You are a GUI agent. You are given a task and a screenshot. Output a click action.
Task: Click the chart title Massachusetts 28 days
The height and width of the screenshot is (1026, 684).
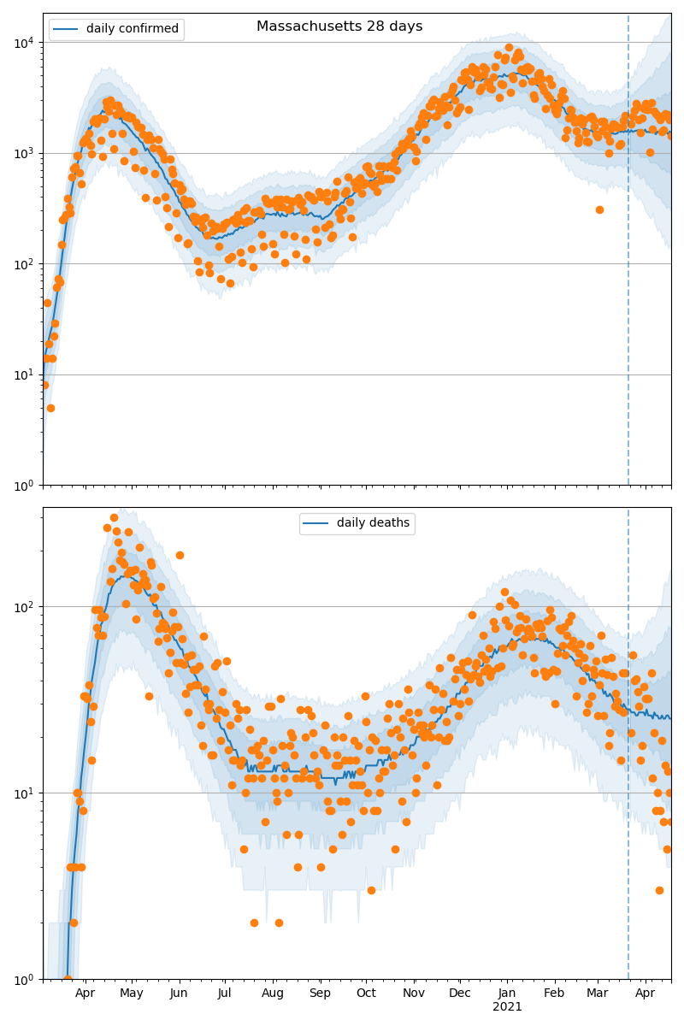pyautogui.click(x=339, y=27)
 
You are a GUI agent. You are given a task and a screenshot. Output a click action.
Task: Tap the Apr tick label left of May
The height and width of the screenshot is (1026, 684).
pyautogui.click(x=85, y=994)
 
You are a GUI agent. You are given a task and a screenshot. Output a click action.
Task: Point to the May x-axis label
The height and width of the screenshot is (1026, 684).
pyautogui.click(x=132, y=994)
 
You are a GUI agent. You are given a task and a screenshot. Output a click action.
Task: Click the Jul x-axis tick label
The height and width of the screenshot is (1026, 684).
pyautogui.click(x=225, y=994)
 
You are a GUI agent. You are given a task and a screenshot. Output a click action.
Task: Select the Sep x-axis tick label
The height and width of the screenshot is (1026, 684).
pyautogui.click(x=320, y=994)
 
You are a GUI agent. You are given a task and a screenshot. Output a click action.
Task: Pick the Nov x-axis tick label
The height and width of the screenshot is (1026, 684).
pyautogui.click(x=413, y=994)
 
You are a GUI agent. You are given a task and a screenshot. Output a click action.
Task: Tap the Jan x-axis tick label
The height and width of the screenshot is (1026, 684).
pyautogui.click(x=507, y=994)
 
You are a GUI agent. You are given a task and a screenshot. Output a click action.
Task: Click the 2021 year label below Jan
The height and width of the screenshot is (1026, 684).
pyautogui.click(x=507, y=1007)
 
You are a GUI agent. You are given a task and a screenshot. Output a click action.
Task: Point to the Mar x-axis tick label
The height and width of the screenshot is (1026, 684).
pyautogui.click(x=598, y=994)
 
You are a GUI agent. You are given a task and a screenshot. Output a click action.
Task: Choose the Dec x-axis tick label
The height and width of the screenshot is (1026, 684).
pyautogui.click(x=459, y=994)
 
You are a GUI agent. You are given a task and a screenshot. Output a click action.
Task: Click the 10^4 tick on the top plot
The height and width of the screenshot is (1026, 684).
pyautogui.click(x=25, y=42)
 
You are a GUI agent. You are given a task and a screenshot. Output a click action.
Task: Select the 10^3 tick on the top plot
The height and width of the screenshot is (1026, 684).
pyautogui.click(x=25, y=153)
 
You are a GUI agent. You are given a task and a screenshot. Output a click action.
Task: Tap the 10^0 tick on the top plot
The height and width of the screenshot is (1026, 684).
pyautogui.click(x=25, y=485)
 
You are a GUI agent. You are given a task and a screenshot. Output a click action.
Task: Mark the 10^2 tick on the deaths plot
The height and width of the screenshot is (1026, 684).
pyautogui.click(x=25, y=606)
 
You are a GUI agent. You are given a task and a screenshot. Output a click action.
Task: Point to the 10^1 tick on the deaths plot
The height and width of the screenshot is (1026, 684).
pyautogui.click(x=25, y=793)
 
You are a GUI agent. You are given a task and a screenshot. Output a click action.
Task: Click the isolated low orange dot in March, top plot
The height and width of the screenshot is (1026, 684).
pyautogui.click(x=599, y=209)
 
